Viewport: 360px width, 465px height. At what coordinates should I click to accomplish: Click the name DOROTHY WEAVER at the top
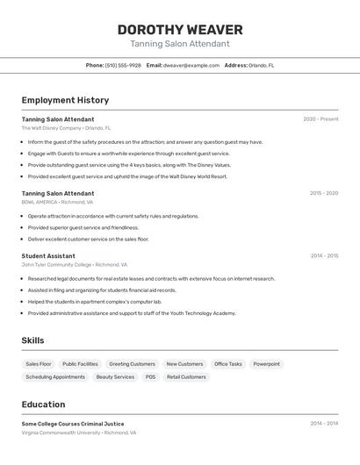180,30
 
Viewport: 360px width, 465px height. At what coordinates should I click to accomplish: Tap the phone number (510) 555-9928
123,65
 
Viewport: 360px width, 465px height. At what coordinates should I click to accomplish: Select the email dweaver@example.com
191,65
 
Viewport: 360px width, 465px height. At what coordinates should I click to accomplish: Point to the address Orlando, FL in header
261,65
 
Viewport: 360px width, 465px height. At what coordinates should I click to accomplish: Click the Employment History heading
65,100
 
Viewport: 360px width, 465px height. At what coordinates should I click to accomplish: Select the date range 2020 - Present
320,119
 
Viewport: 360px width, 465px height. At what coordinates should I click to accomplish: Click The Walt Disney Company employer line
66,128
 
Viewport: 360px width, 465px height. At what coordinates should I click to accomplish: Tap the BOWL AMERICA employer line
57,202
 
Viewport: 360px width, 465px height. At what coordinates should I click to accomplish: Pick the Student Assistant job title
48,256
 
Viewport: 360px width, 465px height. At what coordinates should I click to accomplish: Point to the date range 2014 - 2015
324,256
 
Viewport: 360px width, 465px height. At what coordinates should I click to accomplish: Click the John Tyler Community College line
75,264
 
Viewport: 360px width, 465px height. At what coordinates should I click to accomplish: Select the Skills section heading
32,340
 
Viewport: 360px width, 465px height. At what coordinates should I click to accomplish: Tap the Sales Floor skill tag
39,364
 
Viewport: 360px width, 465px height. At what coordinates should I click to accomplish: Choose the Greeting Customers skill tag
132,364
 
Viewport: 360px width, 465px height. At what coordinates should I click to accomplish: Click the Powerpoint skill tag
267,364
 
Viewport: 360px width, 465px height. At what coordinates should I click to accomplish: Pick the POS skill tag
150,377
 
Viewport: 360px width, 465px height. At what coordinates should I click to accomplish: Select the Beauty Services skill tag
115,377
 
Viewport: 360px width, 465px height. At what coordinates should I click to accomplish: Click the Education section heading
43,404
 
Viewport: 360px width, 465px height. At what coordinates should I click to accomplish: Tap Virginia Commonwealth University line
79,433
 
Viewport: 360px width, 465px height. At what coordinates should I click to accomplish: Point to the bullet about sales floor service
88,239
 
